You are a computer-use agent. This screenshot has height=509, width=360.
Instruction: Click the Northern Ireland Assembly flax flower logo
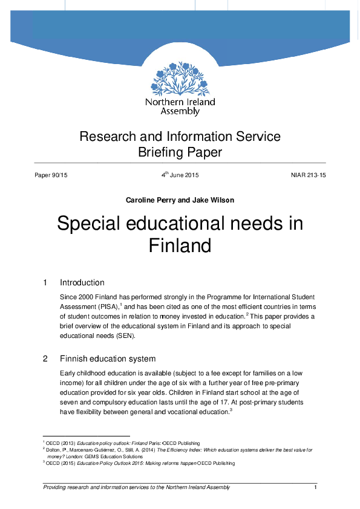(x=180, y=77)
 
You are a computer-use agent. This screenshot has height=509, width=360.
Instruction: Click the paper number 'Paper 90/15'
(x=51, y=175)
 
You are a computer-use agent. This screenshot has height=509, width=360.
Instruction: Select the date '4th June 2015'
(x=180, y=175)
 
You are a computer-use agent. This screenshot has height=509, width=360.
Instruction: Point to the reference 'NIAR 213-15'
(x=308, y=175)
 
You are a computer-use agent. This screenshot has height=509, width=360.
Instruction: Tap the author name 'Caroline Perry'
(x=149, y=199)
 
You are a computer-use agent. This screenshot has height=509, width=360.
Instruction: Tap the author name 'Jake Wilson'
(x=214, y=199)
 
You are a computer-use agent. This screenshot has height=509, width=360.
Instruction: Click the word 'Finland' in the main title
(x=180, y=246)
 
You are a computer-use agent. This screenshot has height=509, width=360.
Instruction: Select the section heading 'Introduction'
(x=82, y=282)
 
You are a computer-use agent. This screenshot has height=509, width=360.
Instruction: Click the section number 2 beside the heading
(x=45, y=358)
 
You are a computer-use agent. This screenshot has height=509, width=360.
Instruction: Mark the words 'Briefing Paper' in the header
(x=180, y=152)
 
